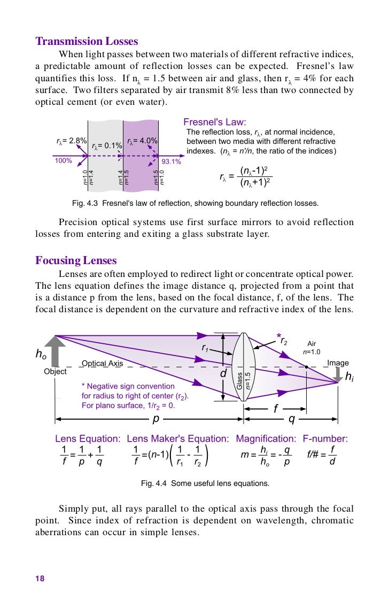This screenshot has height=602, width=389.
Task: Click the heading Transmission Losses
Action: tap(87, 41)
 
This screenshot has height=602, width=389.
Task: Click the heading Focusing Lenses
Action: tap(76, 261)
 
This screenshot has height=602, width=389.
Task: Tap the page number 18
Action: tap(40, 578)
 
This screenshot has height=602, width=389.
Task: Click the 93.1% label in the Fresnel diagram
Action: tap(172, 161)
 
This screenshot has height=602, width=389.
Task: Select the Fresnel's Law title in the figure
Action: tap(215, 121)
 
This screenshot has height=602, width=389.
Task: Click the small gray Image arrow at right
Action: tap(337, 375)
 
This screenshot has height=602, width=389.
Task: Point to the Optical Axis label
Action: tap(102, 364)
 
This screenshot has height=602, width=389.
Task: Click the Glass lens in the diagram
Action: tap(244, 369)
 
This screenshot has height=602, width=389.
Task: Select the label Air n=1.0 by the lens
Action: tap(312, 348)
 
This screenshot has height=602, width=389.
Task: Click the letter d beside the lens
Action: tap(223, 374)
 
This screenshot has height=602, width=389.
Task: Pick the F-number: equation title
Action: tap(325, 439)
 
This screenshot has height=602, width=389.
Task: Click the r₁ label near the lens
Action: tap(205, 348)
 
